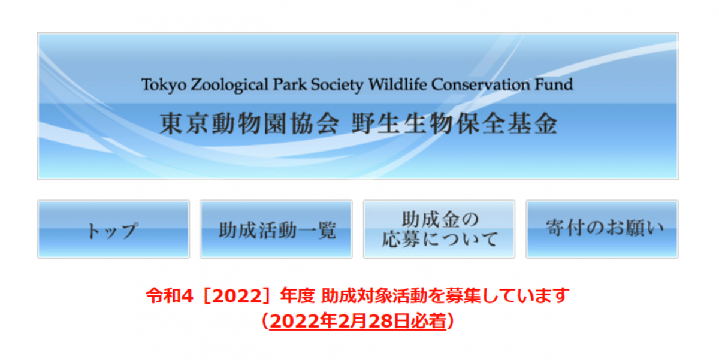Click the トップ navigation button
[x=113, y=229]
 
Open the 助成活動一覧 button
[x=276, y=229]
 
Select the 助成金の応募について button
[x=439, y=229]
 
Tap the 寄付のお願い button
[x=602, y=229]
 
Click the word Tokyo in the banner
[x=164, y=85]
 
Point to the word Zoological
[x=229, y=85]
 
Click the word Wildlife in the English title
[x=398, y=84]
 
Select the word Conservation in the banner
[x=481, y=84]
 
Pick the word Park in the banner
[x=290, y=84]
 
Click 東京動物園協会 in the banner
[x=249, y=123]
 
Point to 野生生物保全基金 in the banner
[x=454, y=123]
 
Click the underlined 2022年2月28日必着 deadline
[x=358, y=321]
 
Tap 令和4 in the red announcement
[x=170, y=295]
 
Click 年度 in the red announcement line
[x=297, y=295]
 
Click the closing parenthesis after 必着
[x=451, y=321]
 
